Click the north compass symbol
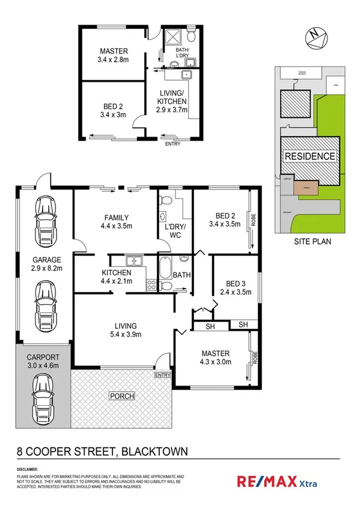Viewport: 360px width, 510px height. (x=317, y=38)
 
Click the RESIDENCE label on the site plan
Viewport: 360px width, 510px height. (x=310, y=156)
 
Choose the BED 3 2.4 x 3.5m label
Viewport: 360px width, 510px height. (x=234, y=289)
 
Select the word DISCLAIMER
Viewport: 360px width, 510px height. (x=28, y=469)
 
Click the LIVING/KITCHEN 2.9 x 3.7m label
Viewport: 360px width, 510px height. (x=172, y=101)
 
